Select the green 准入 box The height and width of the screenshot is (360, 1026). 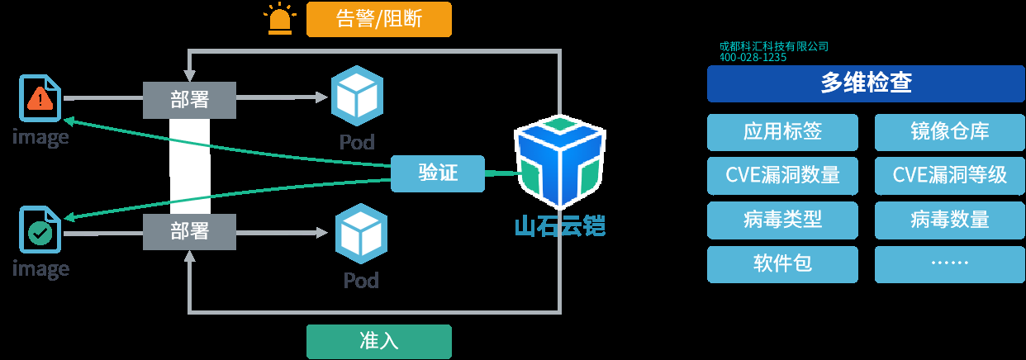pyautogui.click(x=379, y=342)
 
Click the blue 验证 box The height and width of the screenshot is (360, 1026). pyautogui.click(x=437, y=173)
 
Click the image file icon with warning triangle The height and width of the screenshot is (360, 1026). pyautogui.click(x=40, y=99)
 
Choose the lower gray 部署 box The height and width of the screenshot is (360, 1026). pyautogui.click(x=189, y=230)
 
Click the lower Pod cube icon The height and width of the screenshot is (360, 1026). pyautogui.click(x=360, y=234)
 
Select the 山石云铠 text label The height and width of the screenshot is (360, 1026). pyautogui.click(x=559, y=225)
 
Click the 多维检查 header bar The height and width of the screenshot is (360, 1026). pyautogui.click(x=865, y=83)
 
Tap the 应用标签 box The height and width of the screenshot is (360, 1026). pyautogui.click(x=782, y=131)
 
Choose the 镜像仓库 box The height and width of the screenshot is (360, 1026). pyautogui.click(x=949, y=131)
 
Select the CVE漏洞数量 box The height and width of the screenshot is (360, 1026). pyautogui.click(x=782, y=175)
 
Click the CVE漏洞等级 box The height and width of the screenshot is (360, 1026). pyautogui.click(x=949, y=175)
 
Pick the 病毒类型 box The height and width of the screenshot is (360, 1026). pyautogui.click(x=782, y=220)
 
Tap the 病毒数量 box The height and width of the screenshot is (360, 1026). pyautogui.click(x=949, y=220)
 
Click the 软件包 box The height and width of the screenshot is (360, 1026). pyautogui.click(x=782, y=263)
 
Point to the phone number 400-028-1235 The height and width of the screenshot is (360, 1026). pyautogui.click(x=753, y=58)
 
